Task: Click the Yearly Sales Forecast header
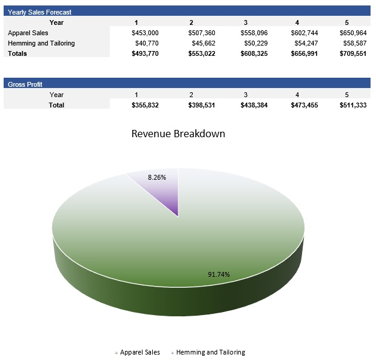click(x=39, y=12)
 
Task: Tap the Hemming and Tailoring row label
click(x=41, y=43)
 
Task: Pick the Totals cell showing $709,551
click(x=353, y=53)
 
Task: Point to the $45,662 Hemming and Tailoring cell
click(x=202, y=43)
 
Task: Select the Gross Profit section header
click(x=25, y=84)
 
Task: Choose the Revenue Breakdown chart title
click(x=178, y=134)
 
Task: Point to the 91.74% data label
click(x=219, y=274)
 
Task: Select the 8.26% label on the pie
click(x=156, y=177)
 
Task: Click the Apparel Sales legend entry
click(x=139, y=352)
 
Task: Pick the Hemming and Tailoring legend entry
click(x=210, y=352)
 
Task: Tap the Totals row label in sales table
click(x=18, y=53)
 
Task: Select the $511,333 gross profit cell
click(x=353, y=105)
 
